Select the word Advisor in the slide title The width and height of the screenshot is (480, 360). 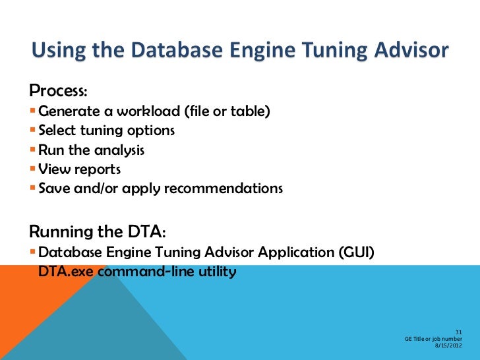[408, 51]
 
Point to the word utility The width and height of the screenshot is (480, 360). [215, 271]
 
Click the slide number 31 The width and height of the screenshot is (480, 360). [458, 332]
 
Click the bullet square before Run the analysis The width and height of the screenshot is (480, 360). [33, 150]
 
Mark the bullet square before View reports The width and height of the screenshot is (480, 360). [33, 169]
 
